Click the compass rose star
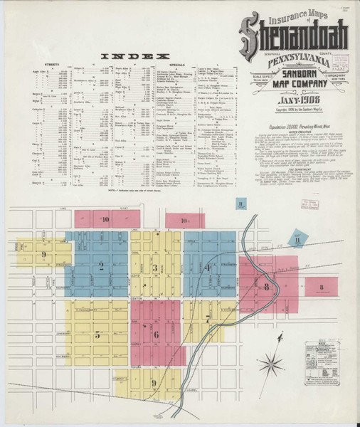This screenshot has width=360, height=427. pyautogui.click(x=271, y=367)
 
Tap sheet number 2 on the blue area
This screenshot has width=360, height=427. pyautogui.click(x=101, y=268)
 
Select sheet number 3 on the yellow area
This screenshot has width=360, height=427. pyautogui.click(x=154, y=268)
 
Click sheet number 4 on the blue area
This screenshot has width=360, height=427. pyautogui.click(x=208, y=268)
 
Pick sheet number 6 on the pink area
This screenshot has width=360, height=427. pyautogui.click(x=155, y=334)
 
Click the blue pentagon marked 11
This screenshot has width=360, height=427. pyautogui.click(x=297, y=239)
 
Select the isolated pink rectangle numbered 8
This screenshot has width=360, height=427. pyautogui.click(x=322, y=288)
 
